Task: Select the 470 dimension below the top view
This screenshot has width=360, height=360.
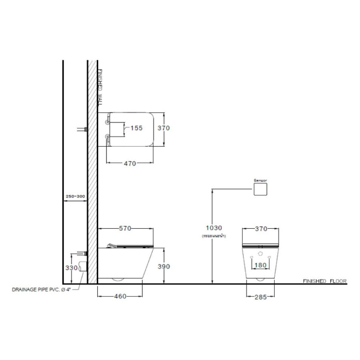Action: tap(130, 163)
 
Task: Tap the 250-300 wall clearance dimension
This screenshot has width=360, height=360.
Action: tap(75, 196)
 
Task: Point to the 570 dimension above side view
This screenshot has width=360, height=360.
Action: tap(125, 229)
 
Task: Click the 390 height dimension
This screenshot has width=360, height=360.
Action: tap(164, 266)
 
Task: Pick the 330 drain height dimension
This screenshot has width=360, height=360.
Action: tap(71, 268)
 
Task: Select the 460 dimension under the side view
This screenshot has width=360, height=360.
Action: tap(120, 296)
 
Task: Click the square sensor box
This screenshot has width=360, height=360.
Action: tap(260, 189)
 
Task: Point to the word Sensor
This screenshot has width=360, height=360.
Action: tap(260, 180)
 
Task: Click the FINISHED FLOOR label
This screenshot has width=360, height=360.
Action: tap(325, 281)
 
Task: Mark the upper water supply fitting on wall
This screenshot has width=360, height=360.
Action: tap(82, 129)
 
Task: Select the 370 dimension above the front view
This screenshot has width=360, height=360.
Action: tap(260, 229)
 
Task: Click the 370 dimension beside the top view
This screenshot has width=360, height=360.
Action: tap(164, 128)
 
